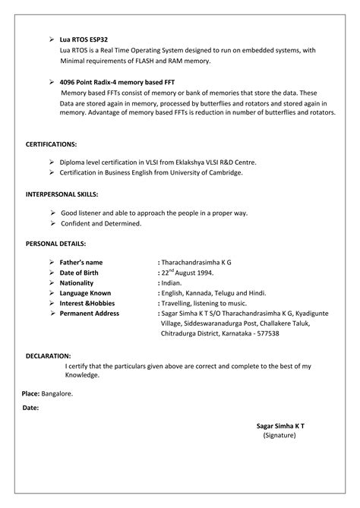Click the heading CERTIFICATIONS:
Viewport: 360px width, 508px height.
(x=52, y=144)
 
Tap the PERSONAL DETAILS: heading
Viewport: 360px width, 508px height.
(x=55, y=244)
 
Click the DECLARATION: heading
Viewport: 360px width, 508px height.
(x=49, y=355)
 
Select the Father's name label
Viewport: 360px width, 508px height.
(x=81, y=262)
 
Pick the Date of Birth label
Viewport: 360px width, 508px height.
(x=80, y=272)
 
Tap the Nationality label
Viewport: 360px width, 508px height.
(x=77, y=282)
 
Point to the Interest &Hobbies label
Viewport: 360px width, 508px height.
(x=87, y=302)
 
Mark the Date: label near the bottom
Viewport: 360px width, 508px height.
(x=31, y=408)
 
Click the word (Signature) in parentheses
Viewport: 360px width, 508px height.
(x=279, y=436)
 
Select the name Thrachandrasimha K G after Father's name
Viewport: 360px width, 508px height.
(x=196, y=262)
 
